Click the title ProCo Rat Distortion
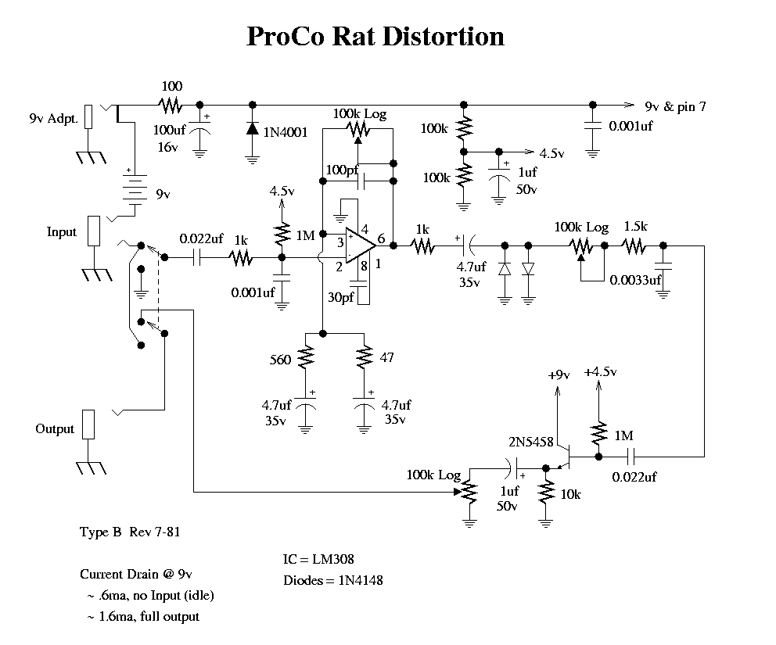click(x=375, y=37)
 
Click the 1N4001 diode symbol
click(x=253, y=130)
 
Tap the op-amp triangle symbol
click(x=359, y=245)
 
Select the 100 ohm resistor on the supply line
click(x=171, y=104)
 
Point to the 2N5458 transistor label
click(x=531, y=443)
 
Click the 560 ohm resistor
click(x=306, y=359)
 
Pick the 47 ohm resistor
click(x=364, y=359)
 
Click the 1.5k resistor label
click(x=635, y=227)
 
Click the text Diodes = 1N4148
click(x=332, y=581)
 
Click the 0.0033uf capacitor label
click(x=635, y=279)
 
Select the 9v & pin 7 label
click(x=674, y=107)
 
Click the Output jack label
click(x=55, y=429)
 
